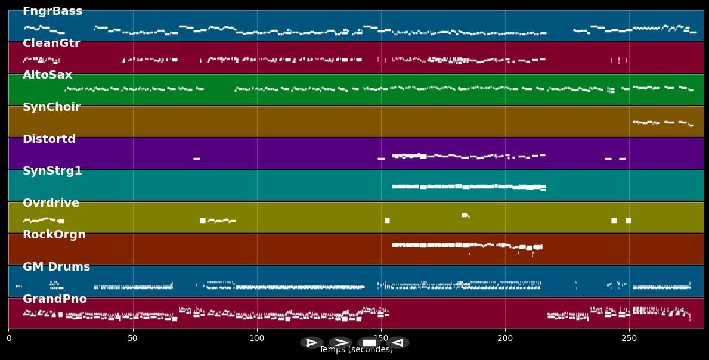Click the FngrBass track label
52,11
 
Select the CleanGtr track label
51,44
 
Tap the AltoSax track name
47,75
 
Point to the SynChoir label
51,107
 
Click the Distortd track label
49,139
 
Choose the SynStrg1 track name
52,171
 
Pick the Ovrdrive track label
51,203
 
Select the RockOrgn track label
54,235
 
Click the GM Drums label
57,267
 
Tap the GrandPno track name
55,299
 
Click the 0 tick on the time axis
8,338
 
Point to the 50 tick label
132,338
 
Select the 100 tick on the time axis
257,338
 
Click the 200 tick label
505,338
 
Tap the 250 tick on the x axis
629,338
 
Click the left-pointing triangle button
398,343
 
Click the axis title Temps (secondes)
356,350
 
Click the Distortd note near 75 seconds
197,159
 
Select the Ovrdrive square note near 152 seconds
387,221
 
